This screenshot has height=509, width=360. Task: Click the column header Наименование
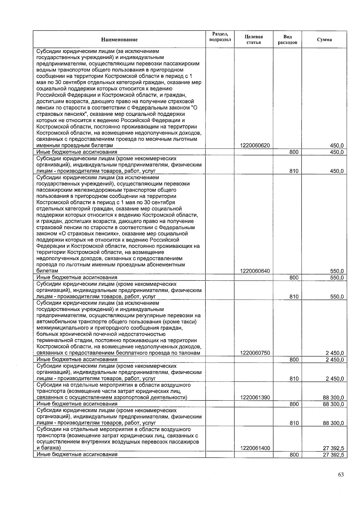point(119,40)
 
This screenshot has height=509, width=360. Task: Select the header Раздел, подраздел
point(220,37)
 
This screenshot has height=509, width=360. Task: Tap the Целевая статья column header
point(253,40)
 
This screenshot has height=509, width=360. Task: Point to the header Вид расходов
point(287,40)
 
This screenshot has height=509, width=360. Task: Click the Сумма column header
point(324,40)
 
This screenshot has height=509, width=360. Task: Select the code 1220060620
point(255,146)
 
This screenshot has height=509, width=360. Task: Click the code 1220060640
point(255,271)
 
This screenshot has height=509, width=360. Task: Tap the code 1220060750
point(255,353)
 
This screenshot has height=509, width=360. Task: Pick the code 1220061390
point(255,398)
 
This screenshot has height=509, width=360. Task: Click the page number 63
point(340,475)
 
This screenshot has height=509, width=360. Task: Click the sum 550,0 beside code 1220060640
point(337,271)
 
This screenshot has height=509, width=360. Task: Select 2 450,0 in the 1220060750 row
point(335,353)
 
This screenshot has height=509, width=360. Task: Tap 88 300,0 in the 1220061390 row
point(333,398)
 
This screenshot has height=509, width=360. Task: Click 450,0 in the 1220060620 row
point(337,146)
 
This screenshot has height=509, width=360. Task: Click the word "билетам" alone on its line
point(47,271)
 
